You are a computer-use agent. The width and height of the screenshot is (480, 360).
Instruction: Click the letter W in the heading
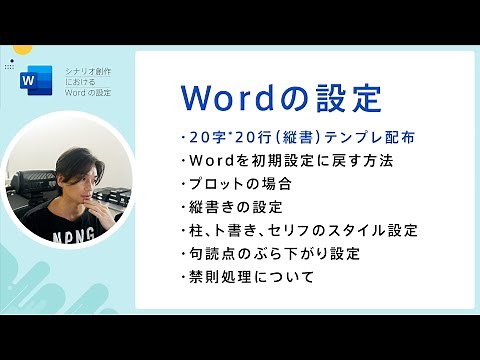[200, 98]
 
